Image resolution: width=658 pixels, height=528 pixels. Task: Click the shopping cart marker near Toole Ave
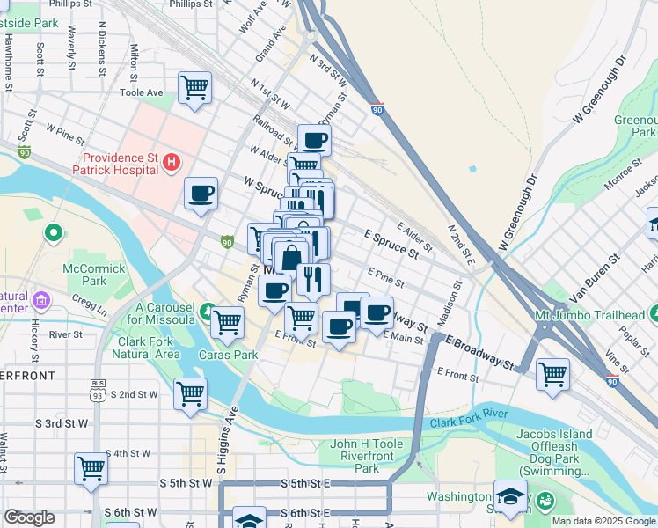click(x=194, y=88)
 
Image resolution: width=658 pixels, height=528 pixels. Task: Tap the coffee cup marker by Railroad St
click(x=314, y=139)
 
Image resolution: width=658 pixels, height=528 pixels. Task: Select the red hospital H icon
click(x=172, y=163)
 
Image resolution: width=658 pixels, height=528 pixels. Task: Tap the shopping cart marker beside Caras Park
click(x=228, y=322)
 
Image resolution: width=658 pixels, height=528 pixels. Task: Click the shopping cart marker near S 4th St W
click(x=91, y=469)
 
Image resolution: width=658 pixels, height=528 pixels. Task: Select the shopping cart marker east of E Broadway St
click(x=553, y=374)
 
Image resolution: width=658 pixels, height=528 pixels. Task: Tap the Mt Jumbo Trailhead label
click(x=589, y=315)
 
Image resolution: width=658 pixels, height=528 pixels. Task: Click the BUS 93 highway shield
click(x=97, y=389)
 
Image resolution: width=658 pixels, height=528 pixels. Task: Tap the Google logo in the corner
click(x=29, y=517)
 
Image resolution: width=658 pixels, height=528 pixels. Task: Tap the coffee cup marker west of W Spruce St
click(x=201, y=193)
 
